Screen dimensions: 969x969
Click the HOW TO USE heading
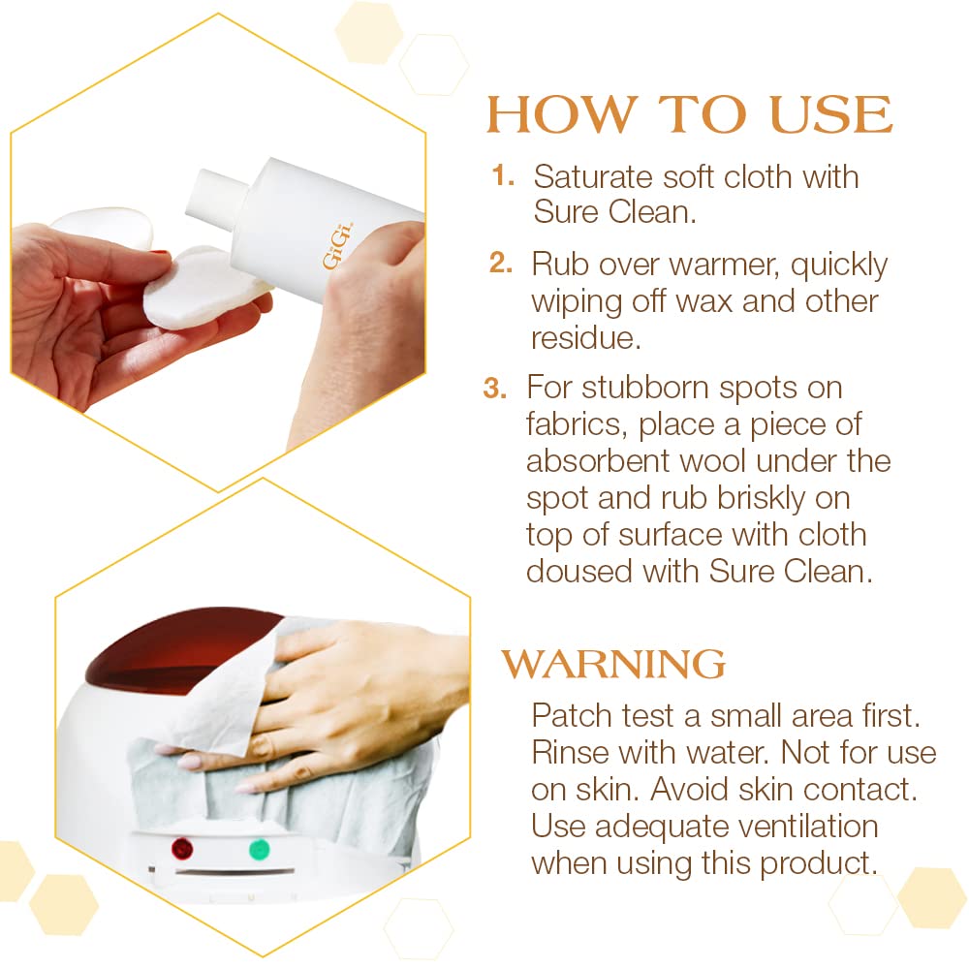tap(689, 115)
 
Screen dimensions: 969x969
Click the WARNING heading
tap(613, 665)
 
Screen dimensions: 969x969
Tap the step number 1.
tap(503, 175)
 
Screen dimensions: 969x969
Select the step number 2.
tap(501, 263)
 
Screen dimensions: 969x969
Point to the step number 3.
tap(495, 388)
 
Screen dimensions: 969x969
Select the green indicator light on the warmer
tap(258, 850)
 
